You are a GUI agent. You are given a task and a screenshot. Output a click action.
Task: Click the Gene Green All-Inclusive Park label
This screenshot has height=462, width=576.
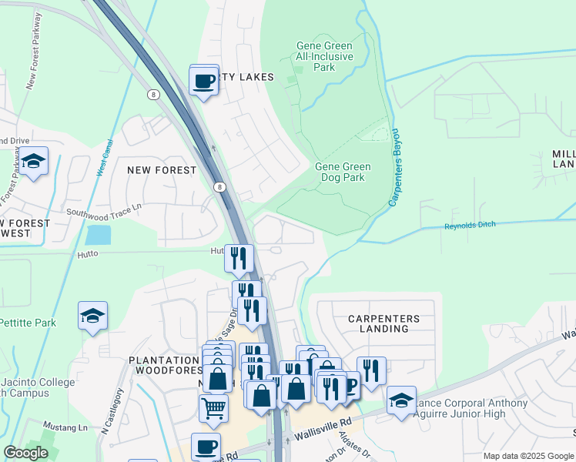tap(325, 57)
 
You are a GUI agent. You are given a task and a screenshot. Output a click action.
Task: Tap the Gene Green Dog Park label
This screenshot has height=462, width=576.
tap(343, 172)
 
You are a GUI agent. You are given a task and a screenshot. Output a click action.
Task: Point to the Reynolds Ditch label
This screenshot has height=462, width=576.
tap(471, 226)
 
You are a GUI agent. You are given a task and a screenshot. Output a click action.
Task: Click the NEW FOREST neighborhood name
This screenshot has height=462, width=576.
tap(162, 170)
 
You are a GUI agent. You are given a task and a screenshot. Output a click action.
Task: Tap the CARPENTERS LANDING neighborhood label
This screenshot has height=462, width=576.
tap(383, 323)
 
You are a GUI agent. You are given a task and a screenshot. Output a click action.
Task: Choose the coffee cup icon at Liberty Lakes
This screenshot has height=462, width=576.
tap(204, 81)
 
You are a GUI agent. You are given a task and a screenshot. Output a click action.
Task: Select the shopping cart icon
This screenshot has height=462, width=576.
tap(213, 407)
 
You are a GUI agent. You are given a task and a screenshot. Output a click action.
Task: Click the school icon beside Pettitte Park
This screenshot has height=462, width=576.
tap(92, 316)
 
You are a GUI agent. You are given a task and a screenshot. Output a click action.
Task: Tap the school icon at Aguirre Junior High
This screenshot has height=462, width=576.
tap(401, 400)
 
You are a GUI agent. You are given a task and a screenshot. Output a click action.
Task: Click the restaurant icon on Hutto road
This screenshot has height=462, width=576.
tap(239, 256)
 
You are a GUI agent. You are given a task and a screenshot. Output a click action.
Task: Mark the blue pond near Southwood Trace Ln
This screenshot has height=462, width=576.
tap(98, 234)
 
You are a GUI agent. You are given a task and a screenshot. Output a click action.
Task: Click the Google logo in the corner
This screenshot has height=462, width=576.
tap(26, 453)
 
